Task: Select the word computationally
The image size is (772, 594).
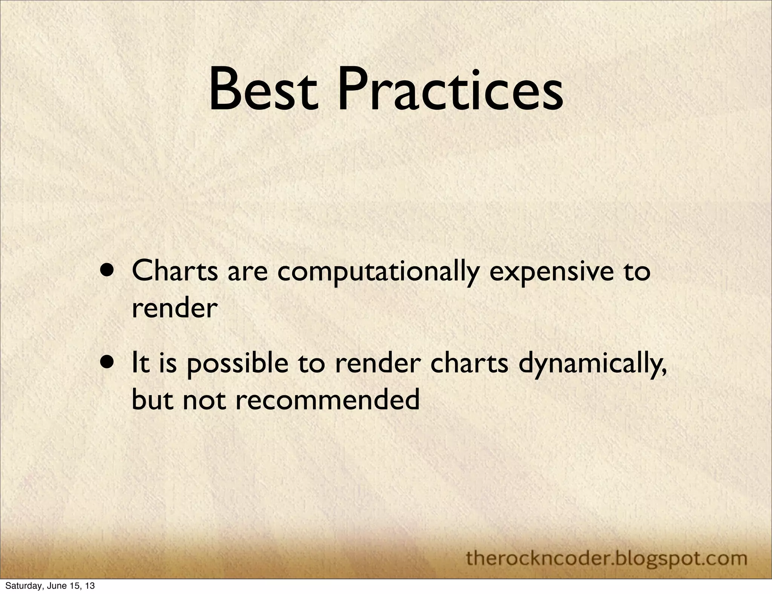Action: tap(378, 272)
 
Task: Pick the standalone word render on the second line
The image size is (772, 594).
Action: tap(175, 310)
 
